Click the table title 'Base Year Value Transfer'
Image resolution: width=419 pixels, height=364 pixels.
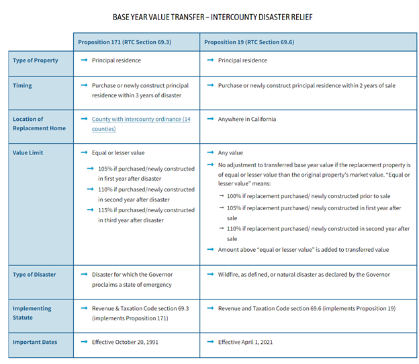[x=212, y=17]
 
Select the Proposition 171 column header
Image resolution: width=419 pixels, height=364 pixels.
[x=124, y=42]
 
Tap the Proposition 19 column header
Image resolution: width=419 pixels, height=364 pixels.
[x=249, y=42]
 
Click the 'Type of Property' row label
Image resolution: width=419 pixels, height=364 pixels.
[x=36, y=60]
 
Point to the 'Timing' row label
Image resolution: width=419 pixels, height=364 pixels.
[x=22, y=86]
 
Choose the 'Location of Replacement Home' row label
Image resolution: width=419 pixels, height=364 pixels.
[x=39, y=124]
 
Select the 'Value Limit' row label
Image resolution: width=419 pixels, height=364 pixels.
[x=29, y=153]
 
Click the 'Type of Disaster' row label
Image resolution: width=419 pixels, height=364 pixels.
[x=34, y=275]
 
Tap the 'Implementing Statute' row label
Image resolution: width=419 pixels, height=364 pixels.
[x=32, y=312]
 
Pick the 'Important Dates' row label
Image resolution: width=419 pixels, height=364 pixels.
[x=35, y=343]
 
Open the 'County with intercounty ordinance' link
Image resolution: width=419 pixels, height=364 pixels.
[x=141, y=120]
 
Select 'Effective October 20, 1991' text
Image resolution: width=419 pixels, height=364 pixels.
[x=130, y=343]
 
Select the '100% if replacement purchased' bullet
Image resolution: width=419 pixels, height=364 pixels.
[x=298, y=195]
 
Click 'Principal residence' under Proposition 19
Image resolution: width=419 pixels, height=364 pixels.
[x=242, y=60]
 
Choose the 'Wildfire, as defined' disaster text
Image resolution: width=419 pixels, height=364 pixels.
[x=304, y=275]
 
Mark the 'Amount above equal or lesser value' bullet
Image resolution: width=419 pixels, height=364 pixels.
[x=303, y=250]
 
